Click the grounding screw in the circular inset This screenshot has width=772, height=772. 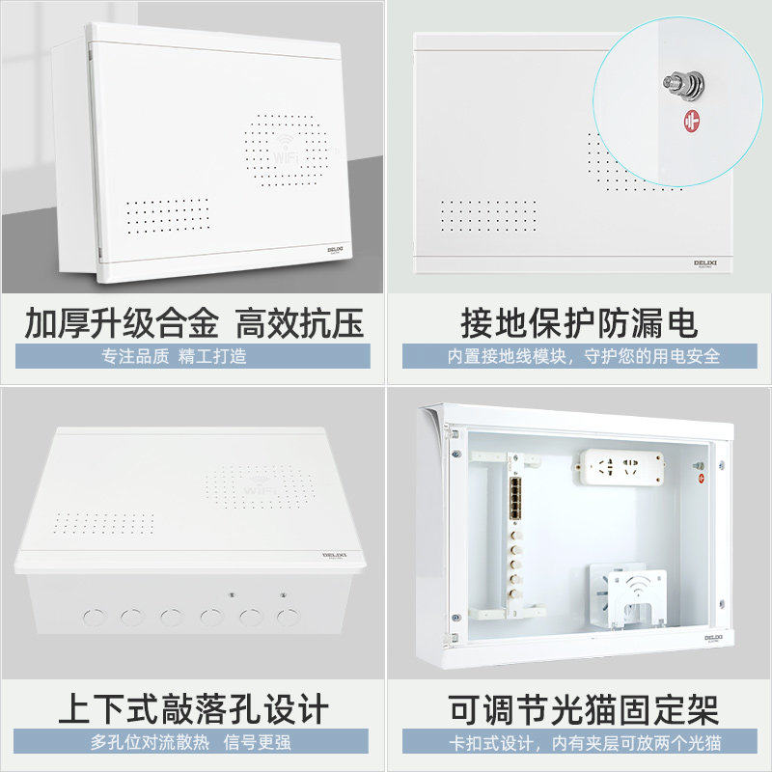pyautogui.click(x=675, y=86)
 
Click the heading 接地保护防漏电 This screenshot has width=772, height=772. pyautogui.click(x=579, y=323)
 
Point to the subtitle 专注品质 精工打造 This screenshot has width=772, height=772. pyautogui.click(x=175, y=356)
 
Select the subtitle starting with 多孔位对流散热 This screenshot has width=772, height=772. pyautogui.click(x=192, y=742)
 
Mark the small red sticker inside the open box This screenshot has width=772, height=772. pyautogui.click(x=703, y=477)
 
